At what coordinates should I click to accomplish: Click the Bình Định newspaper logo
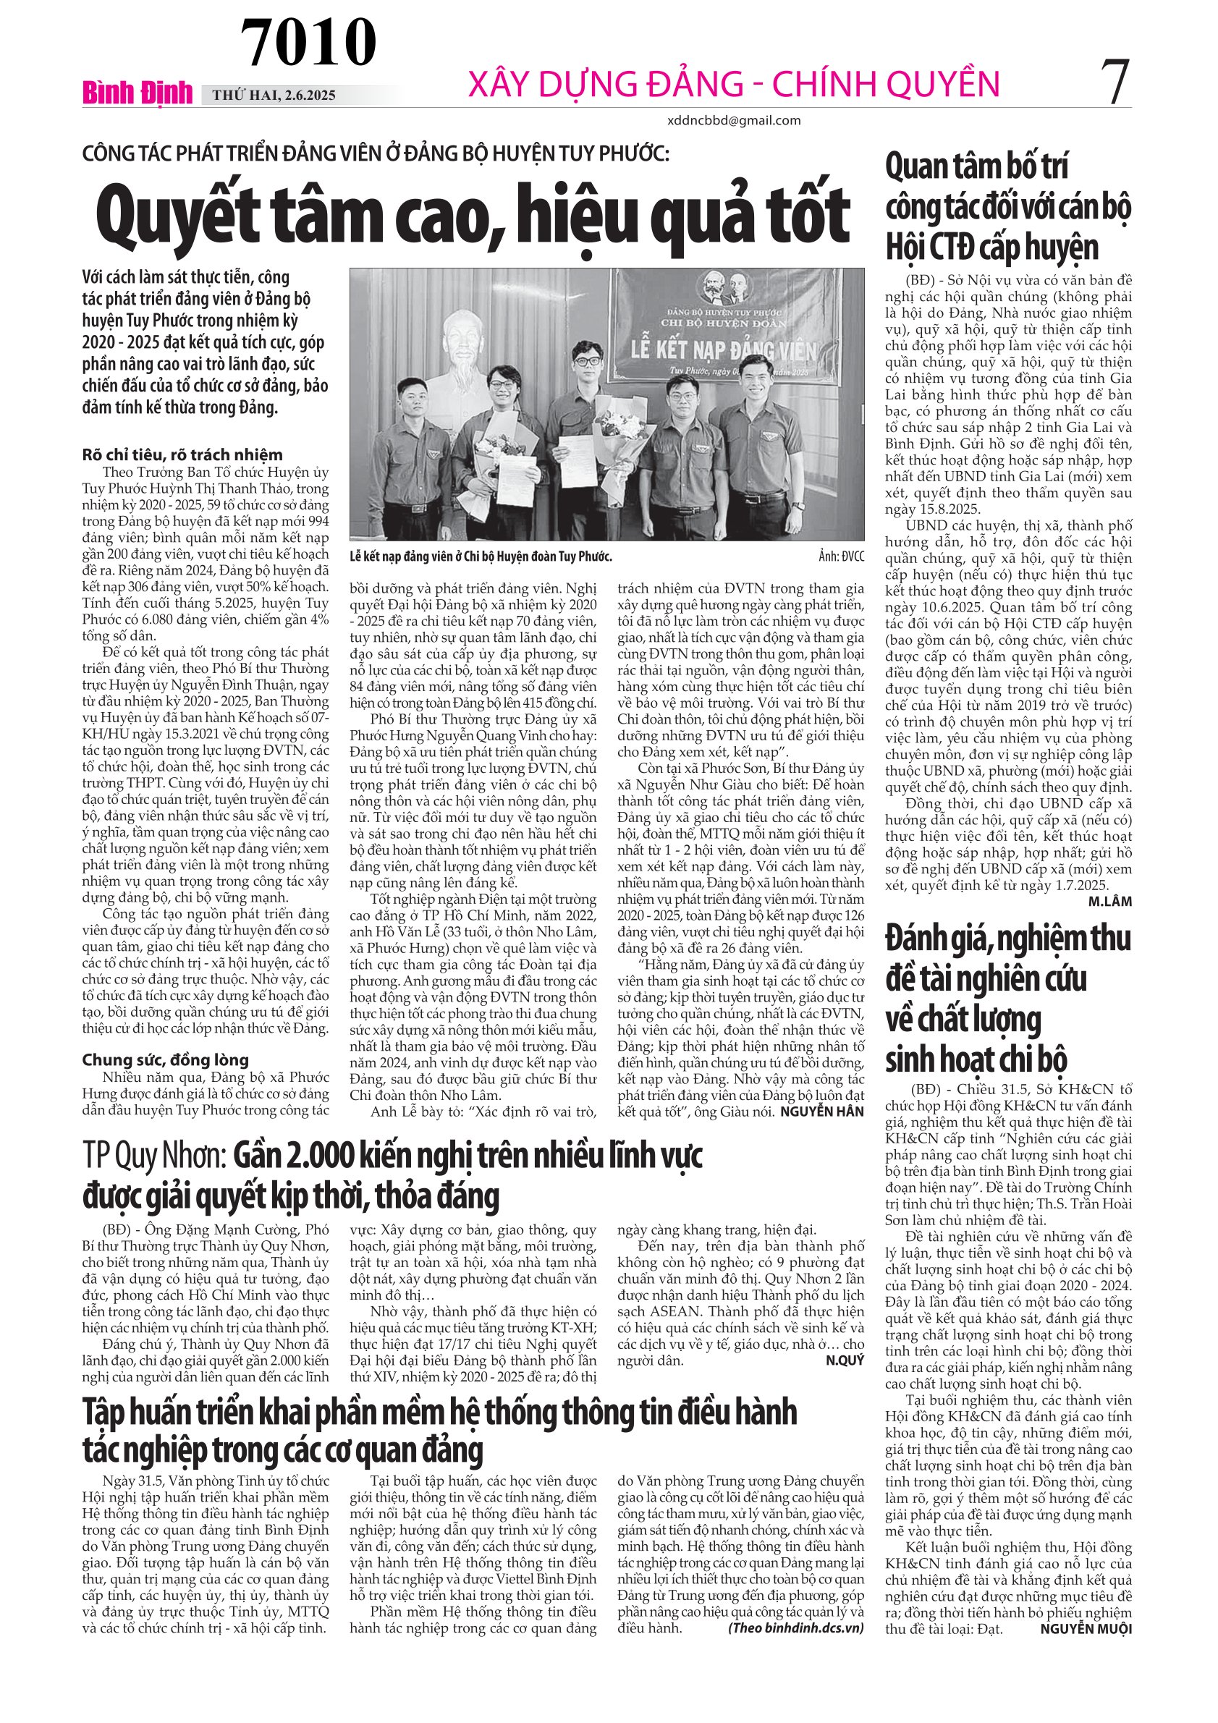pyautogui.click(x=138, y=93)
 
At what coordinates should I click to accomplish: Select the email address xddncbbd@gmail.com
pyautogui.click(x=733, y=120)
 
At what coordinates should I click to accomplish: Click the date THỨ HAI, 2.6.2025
pyautogui.click(x=274, y=96)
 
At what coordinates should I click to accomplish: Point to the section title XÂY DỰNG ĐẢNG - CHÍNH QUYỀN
pyautogui.click(x=733, y=84)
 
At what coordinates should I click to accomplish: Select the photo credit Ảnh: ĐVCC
pyautogui.click(x=840, y=556)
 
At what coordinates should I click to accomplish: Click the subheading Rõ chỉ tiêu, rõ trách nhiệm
pyautogui.click(x=182, y=454)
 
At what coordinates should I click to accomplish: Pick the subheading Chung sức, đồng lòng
pyautogui.click(x=165, y=1059)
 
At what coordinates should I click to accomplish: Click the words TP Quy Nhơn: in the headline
pyautogui.click(x=154, y=1156)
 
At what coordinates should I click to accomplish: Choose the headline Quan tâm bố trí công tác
pyautogui.click(x=1007, y=206)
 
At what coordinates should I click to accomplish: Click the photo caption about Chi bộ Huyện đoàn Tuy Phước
pyautogui.click(x=481, y=556)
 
